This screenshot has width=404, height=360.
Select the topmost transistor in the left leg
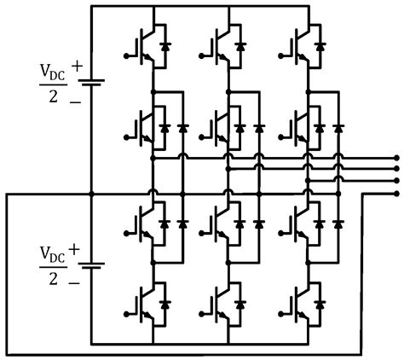pos(145,48)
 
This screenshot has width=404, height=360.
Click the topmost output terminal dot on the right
pos(396,158)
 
